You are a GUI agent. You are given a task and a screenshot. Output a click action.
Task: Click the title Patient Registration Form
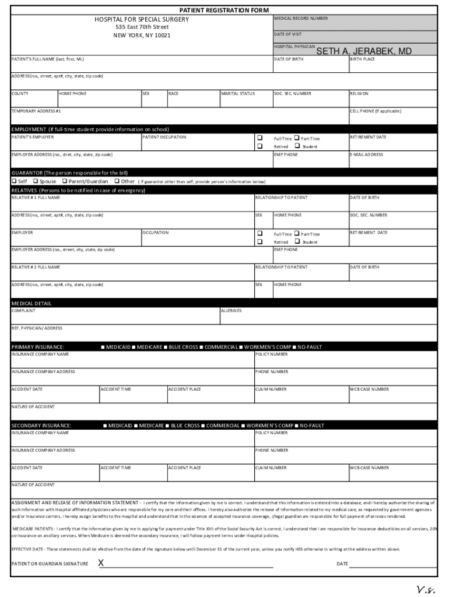[x=224, y=10]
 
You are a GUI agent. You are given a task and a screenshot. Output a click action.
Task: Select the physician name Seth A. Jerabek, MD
[x=364, y=51]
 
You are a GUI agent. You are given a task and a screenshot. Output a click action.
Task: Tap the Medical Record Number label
[x=301, y=19]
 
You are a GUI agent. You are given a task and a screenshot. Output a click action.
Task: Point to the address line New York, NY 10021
[x=142, y=36]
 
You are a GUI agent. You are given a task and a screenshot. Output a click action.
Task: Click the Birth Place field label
[x=363, y=59]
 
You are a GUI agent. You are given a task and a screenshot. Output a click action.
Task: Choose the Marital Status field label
[x=238, y=93]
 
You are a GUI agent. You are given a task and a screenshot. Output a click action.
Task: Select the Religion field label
[x=359, y=93]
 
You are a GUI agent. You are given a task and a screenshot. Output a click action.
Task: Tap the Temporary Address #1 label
[x=36, y=111]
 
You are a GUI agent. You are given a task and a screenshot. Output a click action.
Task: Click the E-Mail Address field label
[x=367, y=154]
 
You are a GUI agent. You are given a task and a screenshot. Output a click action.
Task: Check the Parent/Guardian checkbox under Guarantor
[x=64, y=181]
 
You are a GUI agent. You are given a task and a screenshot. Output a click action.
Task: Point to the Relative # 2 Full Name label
[x=36, y=267]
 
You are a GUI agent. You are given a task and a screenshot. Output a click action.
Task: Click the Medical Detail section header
[x=31, y=303]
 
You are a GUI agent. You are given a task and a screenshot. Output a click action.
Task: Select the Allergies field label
[x=231, y=311]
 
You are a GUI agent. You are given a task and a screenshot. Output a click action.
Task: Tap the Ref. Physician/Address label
[x=37, y=328]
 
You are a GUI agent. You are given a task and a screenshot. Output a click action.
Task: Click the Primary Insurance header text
[x=38, y=347]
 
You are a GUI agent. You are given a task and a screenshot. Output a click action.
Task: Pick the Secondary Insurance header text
[x=41, y=426]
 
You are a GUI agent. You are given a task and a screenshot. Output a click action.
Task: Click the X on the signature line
[x=101, y=563]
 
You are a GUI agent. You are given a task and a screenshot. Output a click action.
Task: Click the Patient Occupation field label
[x=164, y=137]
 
